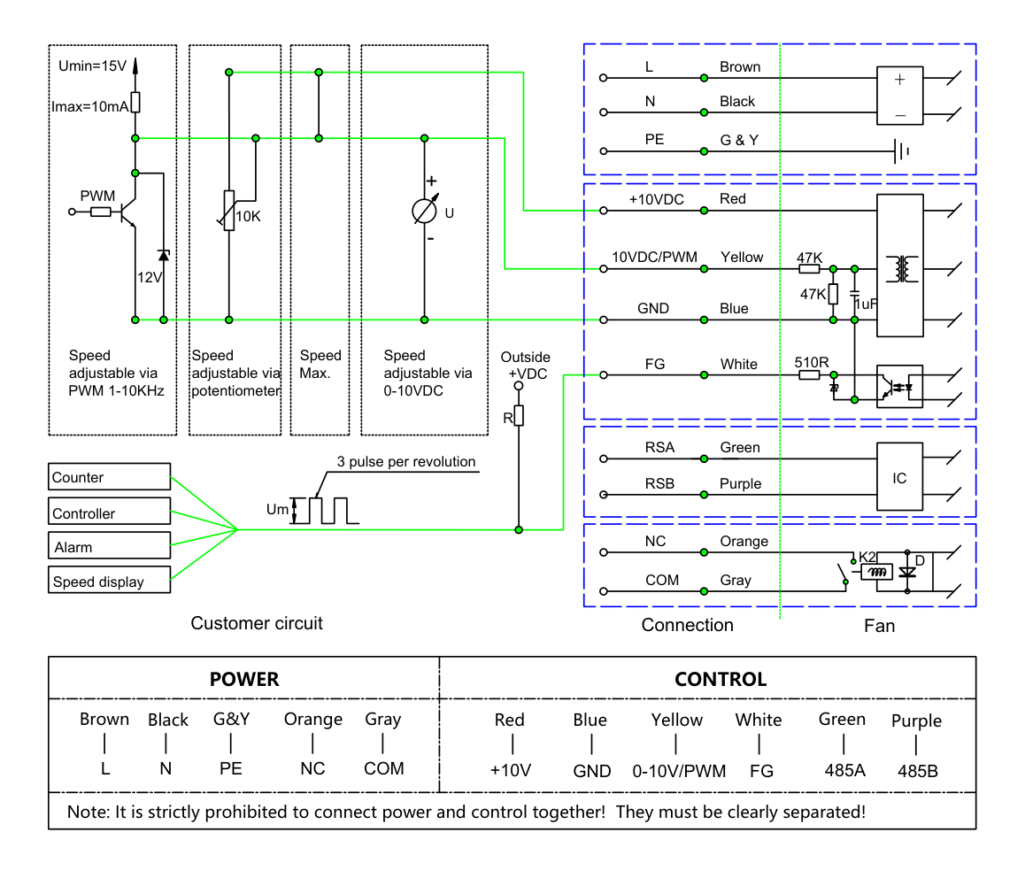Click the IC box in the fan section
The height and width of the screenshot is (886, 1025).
click(x=899, y=477)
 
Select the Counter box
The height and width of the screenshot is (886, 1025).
click(x=109, y=477)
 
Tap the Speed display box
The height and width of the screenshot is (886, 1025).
click(x=109, y=580)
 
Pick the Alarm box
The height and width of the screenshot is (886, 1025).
click(x=109, y=545)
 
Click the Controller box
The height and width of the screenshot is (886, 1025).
click(x=109, y=512)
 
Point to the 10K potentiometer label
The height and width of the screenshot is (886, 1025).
click(x=249, y=217)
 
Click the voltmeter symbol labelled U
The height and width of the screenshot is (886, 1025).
click(x=424, y=211)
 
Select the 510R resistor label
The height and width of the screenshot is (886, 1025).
click(x=812, y=362)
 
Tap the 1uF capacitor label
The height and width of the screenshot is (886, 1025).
click(x=867, y=304)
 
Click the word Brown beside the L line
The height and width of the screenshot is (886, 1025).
click(x=740, y=66)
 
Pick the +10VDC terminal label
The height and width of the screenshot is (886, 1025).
click(x=656, y=199)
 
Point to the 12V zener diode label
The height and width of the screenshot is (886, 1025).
click(x=149, y=277)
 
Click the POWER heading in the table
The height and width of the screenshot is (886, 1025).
click(x=244, y=680)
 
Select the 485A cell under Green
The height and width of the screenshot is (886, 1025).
click(x=844, y=770)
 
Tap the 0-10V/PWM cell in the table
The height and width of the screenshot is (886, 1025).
click(x=679, y=771)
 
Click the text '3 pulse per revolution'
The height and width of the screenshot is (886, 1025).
click(x=406, y=462)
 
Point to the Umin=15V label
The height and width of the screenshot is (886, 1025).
click(x=92, y=66)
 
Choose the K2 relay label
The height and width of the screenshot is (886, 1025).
click(x=867, y=557)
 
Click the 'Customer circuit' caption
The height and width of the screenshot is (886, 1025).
click(x=257, y=623)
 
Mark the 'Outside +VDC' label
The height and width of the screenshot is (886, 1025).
click(x=526, y=366)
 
